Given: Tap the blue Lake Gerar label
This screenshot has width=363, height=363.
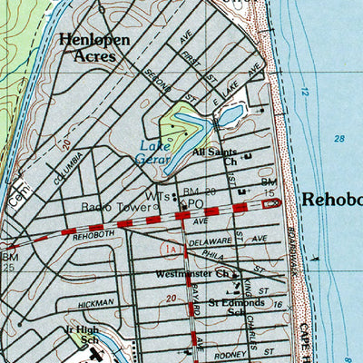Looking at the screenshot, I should pos(159,151).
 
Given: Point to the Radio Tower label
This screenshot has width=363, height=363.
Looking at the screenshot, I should pos(117,207).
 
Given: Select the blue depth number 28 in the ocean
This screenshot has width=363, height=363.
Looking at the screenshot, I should pos(339,138).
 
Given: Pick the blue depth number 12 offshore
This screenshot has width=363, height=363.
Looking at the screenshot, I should pos(306,92).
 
